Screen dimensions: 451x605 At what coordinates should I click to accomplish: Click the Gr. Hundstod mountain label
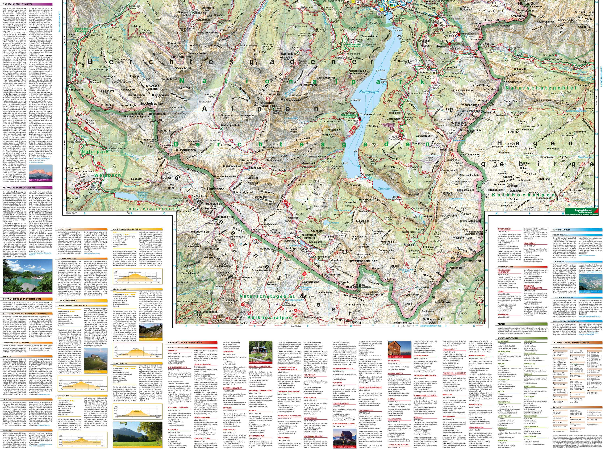coord(211,189)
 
